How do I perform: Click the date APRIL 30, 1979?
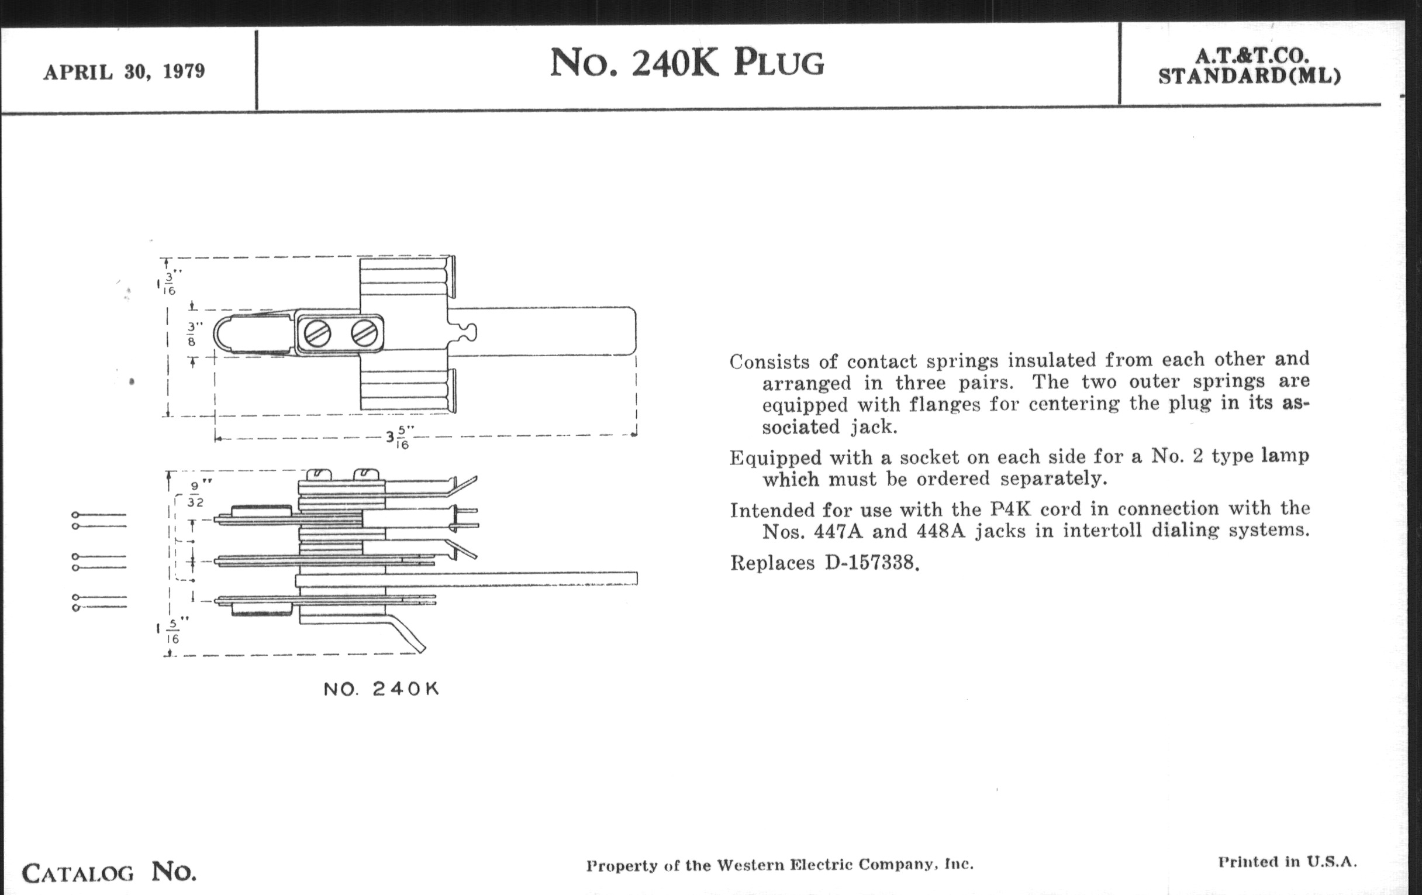(x=124, y=72)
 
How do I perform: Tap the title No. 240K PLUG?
(x=687, y=63)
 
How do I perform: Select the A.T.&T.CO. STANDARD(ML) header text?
(x=1249, y=66)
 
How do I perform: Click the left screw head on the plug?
(x=317, y=335)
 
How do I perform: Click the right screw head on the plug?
(x=364, y=334)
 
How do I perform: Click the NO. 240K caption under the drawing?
(x=381, y=689)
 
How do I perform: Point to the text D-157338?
(x=872, y=563)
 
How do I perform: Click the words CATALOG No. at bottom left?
(x=109, y=873)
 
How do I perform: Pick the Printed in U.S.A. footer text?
(x=1288, y=862)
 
